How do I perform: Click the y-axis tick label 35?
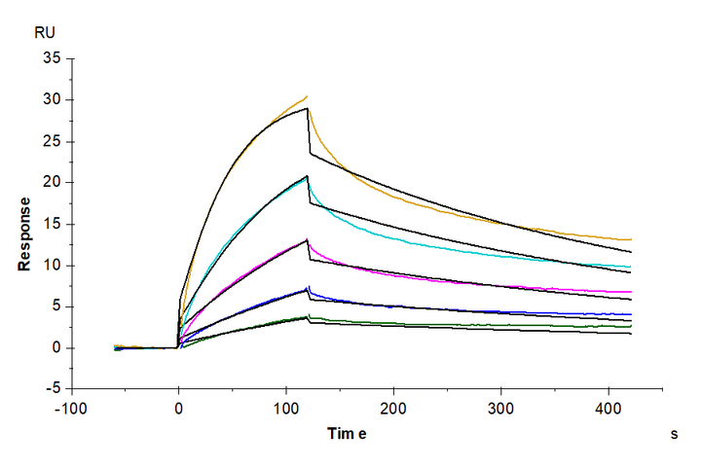(x=51, y=58)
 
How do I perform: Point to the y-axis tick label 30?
(x=51, y=100)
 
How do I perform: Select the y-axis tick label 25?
(x=51, y=141)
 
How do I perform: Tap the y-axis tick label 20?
(x=51, y=183)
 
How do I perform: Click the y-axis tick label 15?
(x=51, y=224)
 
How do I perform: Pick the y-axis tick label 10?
(x=51, y=266)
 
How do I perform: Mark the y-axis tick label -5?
(x=54, y=389)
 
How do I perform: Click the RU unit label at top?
(x=45, y=32)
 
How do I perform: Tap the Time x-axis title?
(x=346, y=435)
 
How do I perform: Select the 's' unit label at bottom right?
(x=673, y=435)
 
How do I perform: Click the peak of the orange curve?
(x=307, y=96)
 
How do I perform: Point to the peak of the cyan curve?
(x=308, y=176)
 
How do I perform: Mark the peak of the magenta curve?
(x=308, y=239)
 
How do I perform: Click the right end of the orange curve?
(x=631, y=239)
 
